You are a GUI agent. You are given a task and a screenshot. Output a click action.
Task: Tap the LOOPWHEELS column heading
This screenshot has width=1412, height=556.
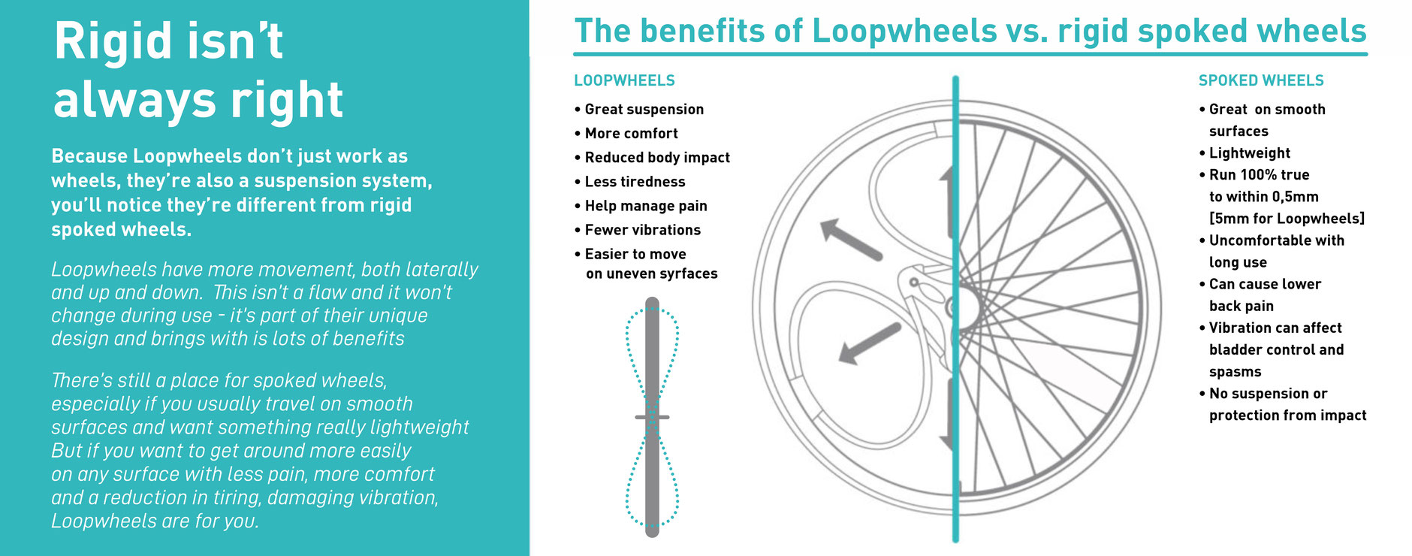pyautogui.click(x=624, y=80)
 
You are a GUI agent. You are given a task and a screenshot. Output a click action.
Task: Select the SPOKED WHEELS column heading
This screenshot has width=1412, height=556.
pyautogui.click(x=1261, y=80)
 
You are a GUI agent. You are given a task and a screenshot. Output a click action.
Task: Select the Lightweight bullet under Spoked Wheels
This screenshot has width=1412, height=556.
pyautogui.click(x=1249, y=153)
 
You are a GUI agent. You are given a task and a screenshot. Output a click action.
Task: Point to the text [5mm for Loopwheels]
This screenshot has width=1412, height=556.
pyautogui.click(x=1287, y=219)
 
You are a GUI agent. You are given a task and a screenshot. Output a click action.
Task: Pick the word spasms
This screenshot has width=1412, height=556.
pyautogui.click(x=1235, y=372)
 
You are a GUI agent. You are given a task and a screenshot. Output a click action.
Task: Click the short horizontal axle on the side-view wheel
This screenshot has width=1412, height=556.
pyautogui.click(x=652, y=417)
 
